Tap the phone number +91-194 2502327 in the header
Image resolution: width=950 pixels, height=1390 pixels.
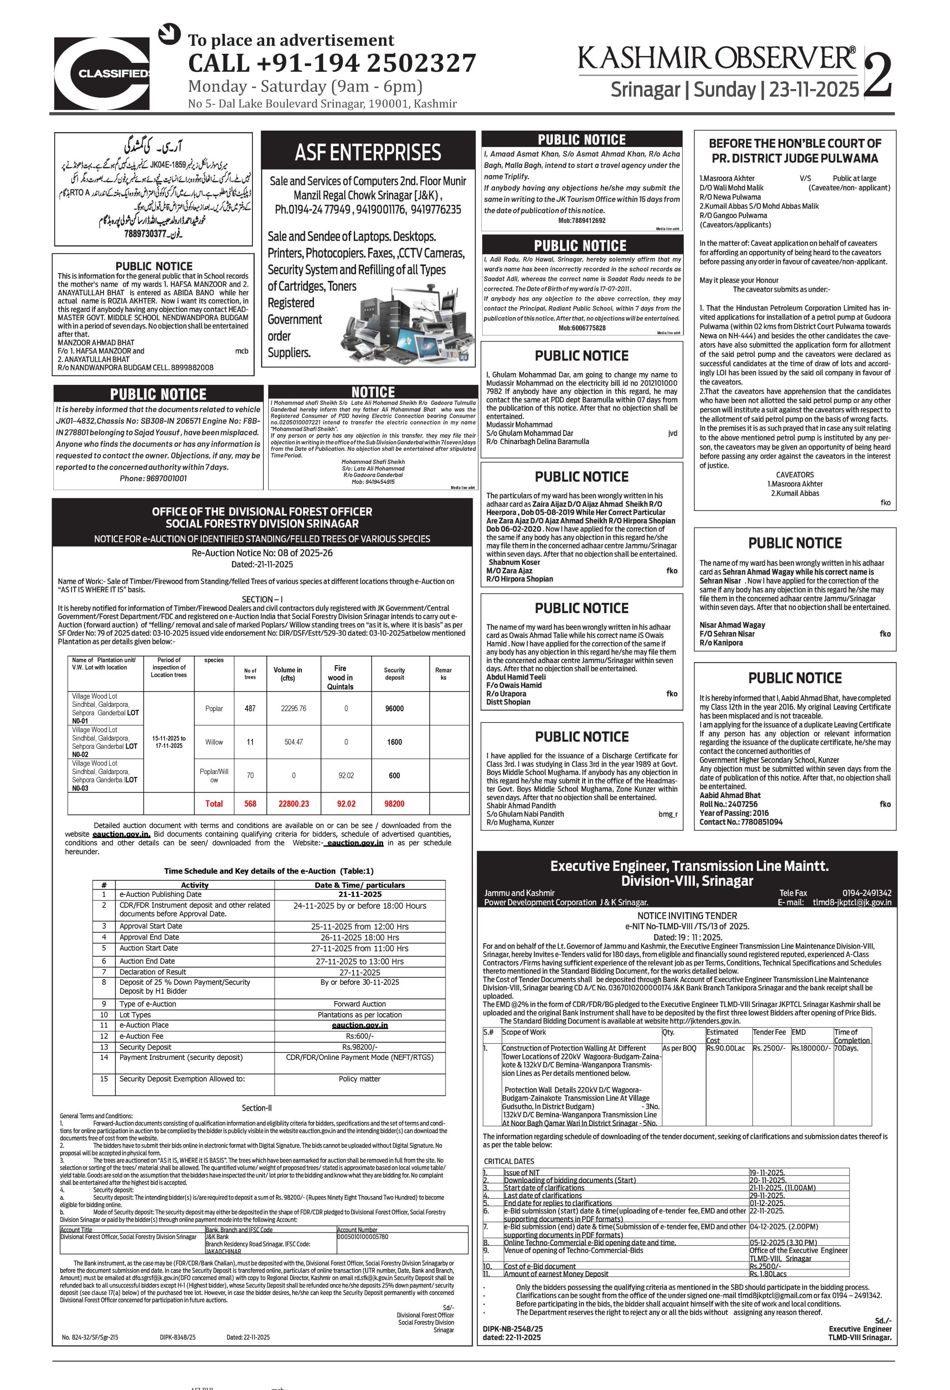tap(332, 63)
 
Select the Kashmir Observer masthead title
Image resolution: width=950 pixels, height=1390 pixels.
tap(717, 59)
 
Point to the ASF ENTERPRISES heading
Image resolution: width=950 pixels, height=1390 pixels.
tap(368, 152)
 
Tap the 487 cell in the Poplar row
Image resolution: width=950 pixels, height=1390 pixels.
tap(250, 708)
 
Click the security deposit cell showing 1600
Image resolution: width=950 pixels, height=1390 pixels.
tap(394, 742)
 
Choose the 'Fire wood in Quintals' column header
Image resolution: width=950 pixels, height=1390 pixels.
tap(340, 677)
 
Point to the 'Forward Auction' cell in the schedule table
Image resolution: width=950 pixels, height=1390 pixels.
tap(360, 1004)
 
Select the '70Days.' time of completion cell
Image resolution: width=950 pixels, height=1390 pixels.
tap(846, 1048)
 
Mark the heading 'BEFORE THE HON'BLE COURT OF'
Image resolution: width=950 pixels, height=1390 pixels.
tap(794, 143)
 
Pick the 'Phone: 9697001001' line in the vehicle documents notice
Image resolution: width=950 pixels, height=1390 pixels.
tap(153, 478)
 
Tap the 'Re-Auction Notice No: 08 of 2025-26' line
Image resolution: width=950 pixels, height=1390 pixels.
tap(262, 553)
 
